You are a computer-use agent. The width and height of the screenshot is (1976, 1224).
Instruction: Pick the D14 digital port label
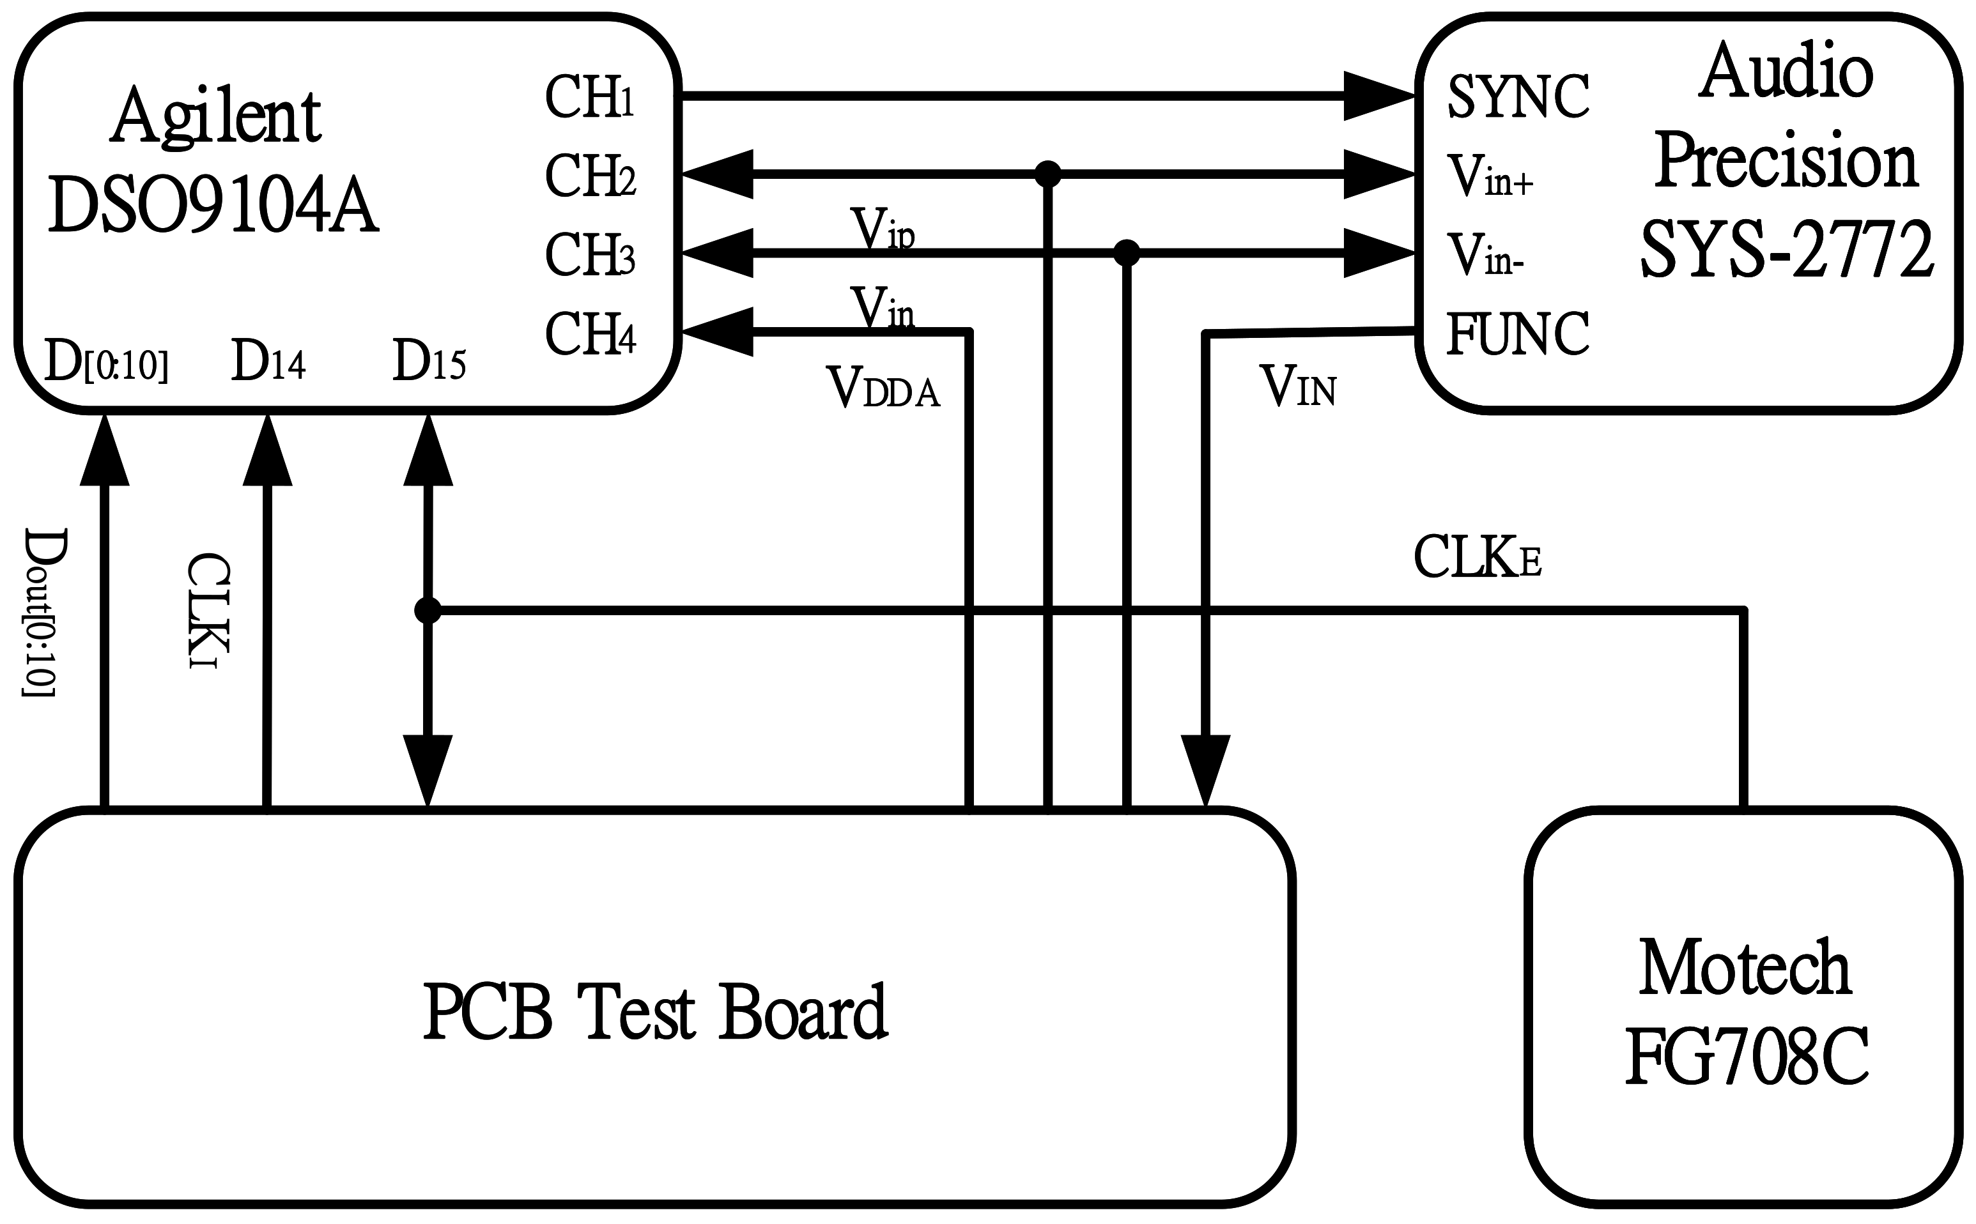268,361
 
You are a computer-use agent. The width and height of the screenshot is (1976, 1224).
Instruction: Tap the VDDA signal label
883,388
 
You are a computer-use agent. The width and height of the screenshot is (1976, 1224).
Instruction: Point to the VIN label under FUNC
1297,388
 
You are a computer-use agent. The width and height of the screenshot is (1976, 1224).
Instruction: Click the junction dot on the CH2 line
1048,174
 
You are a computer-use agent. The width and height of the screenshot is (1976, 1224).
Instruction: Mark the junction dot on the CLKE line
428,610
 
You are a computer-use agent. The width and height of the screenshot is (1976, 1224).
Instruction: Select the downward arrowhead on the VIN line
1205,769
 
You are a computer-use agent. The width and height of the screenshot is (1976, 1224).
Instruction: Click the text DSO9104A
213,207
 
